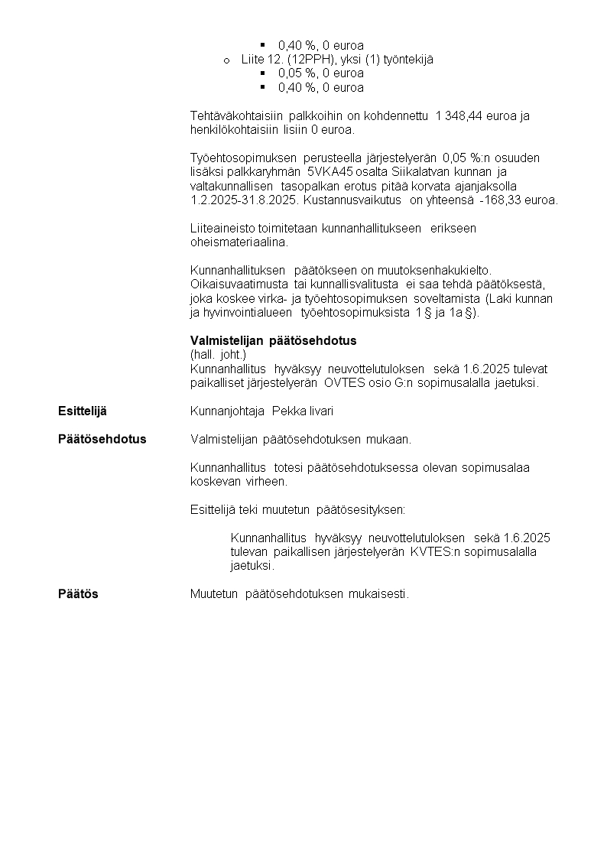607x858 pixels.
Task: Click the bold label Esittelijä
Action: (x=83, y=411)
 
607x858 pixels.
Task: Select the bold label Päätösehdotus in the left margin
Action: (x=102, y=440)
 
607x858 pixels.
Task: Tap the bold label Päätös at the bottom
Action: (x=79, y=594)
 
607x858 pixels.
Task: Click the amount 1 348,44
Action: (x=459, y=116)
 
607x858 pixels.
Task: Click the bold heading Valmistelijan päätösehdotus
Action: (x=273, y=340)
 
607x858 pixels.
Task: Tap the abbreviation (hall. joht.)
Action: (x=218, y=355)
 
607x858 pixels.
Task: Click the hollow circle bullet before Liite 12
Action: (x=226, y=60)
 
